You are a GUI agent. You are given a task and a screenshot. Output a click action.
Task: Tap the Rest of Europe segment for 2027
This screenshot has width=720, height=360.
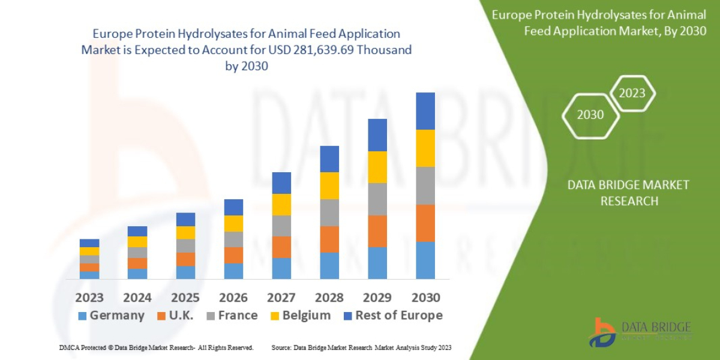[281, 183]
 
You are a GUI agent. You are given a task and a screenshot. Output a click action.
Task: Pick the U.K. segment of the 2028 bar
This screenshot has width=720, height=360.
[329, 239]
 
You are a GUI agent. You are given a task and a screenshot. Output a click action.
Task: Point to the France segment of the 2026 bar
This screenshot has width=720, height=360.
[233, 239]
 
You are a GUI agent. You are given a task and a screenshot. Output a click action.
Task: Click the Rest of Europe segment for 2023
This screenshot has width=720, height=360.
[89, 243]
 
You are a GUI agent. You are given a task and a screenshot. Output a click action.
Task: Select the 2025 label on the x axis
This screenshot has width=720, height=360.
[185, 297]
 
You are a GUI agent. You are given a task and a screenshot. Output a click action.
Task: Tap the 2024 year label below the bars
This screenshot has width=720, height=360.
[137, 297]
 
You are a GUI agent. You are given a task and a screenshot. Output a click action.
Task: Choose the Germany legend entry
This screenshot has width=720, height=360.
[112, 316]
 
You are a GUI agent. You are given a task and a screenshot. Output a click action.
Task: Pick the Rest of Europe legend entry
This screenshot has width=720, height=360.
[393, 316]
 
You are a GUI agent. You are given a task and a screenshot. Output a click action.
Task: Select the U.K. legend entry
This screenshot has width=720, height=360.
[175, 316]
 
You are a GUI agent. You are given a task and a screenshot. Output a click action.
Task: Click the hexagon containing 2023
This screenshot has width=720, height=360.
[632, 93]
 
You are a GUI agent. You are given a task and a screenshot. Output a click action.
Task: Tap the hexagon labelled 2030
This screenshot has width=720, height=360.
[590, 115]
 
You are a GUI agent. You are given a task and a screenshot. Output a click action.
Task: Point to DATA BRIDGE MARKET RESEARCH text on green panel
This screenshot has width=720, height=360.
[628, 193]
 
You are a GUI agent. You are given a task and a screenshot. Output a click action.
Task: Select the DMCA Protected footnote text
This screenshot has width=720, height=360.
[156, 347]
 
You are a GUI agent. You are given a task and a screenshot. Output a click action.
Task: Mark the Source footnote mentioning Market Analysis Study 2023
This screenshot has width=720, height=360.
[361, 347]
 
